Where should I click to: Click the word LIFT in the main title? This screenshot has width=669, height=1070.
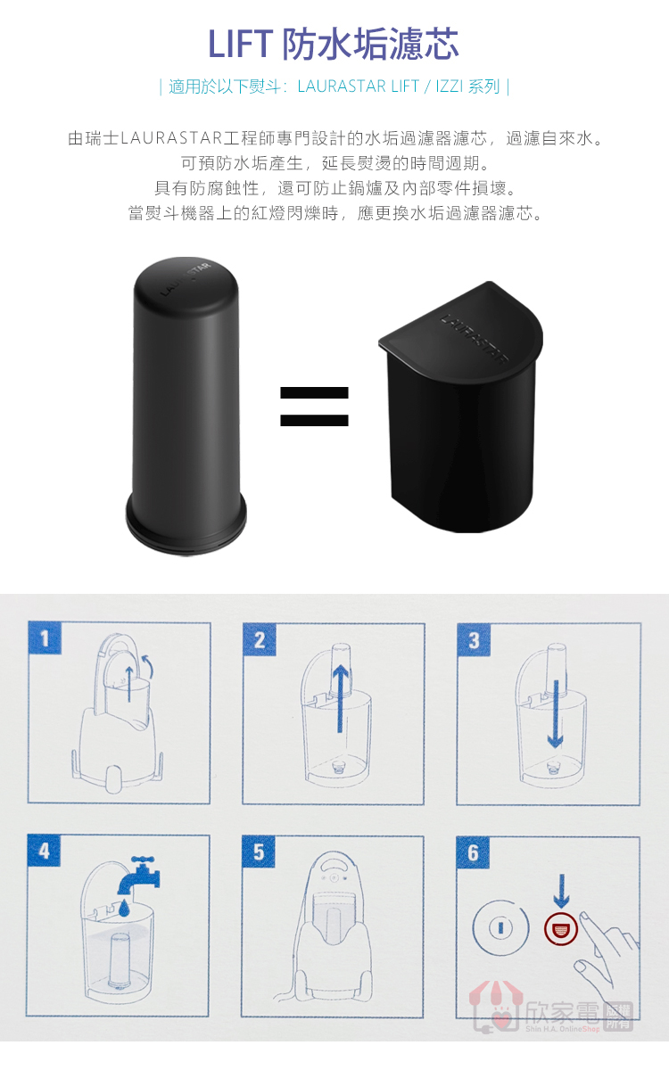tap(240, 44)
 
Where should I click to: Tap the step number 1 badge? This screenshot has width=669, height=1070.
tap(45, 638)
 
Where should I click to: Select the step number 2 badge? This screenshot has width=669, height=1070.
tap(260, 639)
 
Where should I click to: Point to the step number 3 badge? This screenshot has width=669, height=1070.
tap(474, 640)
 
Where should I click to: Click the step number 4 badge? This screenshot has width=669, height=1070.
tap(44, 851)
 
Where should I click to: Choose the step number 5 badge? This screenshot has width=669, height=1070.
tap(259, 852)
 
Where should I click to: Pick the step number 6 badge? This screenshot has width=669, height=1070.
tap(473, 852)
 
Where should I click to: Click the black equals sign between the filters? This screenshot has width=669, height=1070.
tap(314, 406)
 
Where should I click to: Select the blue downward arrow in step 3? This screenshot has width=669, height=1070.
tap(555, 714)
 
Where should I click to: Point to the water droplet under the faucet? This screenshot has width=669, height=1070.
tap(124, 907)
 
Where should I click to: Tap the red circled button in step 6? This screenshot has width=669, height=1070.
tap(561, 928)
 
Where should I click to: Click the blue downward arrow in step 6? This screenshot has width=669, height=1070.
tap(561, 892)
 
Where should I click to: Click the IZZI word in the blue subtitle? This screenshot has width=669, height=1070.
tap(450, 86)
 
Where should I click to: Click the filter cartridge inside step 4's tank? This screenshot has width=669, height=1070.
tap(118, 961)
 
